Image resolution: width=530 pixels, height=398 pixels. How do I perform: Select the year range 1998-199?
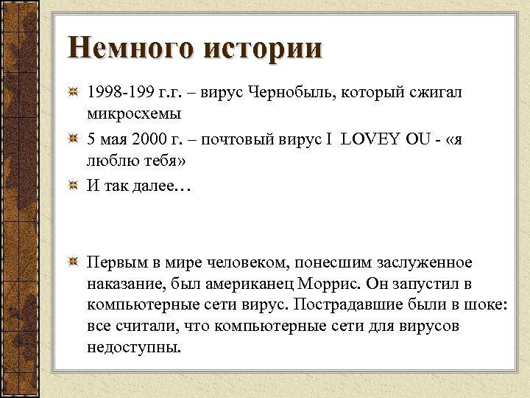(119, 94)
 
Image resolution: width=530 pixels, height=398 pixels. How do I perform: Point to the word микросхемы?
(133, 115)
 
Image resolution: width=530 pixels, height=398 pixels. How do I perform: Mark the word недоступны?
(132, 346)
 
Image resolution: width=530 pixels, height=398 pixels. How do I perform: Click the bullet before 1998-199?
(74, 94)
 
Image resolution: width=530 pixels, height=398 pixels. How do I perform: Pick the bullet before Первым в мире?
(74, 263)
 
